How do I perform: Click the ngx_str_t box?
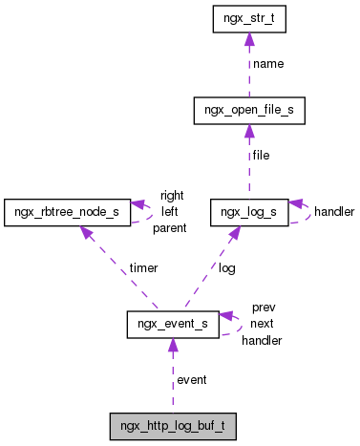click(x=248, y=19)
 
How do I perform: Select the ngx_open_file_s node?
click(x=248, y=111)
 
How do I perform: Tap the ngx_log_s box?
click(x=248, y=210)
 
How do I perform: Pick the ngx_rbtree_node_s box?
click(x=66, y=210)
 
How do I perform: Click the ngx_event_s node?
click(x=173, y=325)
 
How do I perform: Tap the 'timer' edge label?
click(x=145, y=268)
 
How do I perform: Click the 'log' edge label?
click(x=226, y=268)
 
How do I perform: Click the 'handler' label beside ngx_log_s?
click(x=334, y=211)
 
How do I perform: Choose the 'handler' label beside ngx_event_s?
click(x=262, y=340)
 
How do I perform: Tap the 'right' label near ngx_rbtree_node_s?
click(x=172, y=196)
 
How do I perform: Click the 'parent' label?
click(x=169, y=227)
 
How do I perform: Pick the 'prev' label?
click(x=263, y=308)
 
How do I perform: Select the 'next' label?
click(x=262, y=324)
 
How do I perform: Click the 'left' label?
click(x=170, y=211)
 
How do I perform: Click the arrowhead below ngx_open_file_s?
click(x=248, y=131)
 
